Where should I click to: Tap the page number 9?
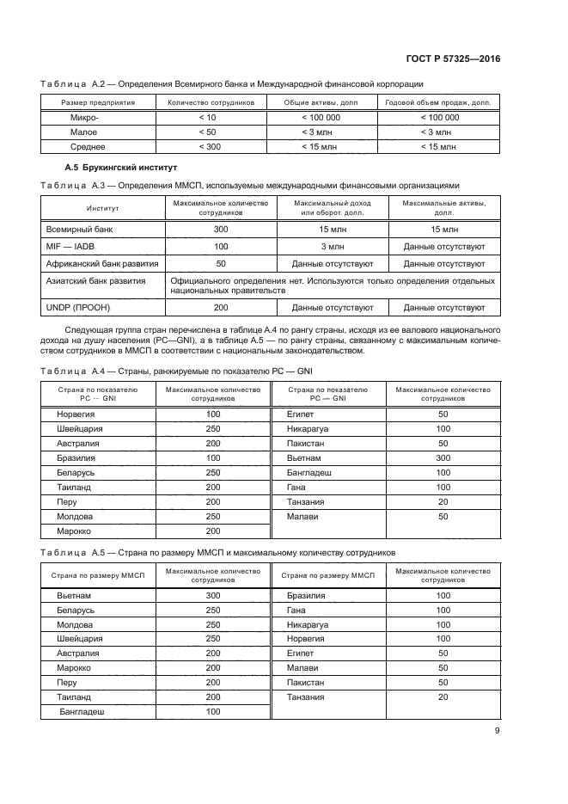pyautogui.click(x=498, y=732)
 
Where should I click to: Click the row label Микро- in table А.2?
pyautogui.click(x=84, y=117)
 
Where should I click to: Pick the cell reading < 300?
pyautogui.click(x=207, y=147)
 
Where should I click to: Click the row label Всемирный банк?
pyautogui.click(x=79, y=230)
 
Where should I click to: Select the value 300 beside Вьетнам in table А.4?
pyautogui.click(x=443, y=458)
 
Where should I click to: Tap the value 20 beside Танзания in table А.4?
pyautogui.click(x=443, y=502)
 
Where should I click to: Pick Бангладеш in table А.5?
pyautogui.click(x=82, y=712)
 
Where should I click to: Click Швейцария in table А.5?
pyautogui.click(x=78, y=638)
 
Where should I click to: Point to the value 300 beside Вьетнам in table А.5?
pyautogui.click(x=213, y=594)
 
